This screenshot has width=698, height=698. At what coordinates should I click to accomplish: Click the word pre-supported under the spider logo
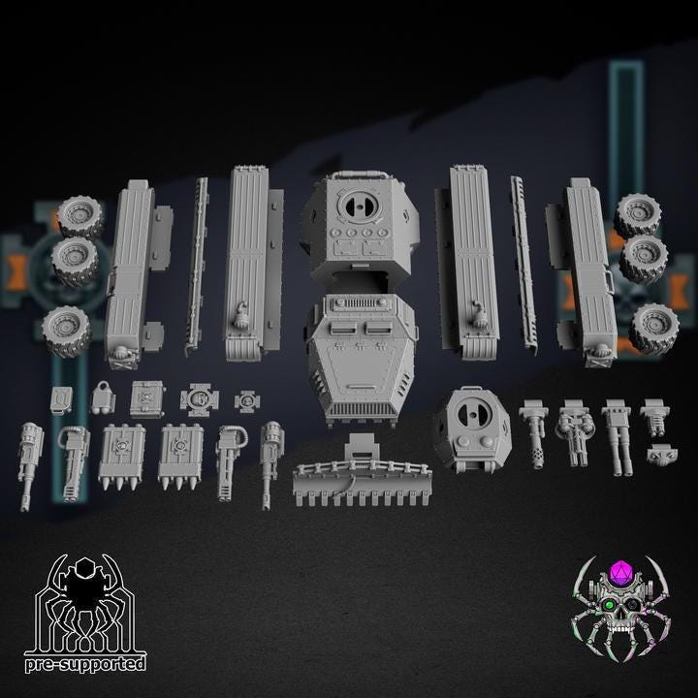coord(85,664)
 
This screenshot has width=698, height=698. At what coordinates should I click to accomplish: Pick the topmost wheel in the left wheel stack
coord(80,217)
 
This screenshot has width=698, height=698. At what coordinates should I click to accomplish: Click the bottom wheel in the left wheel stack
coord(67,331)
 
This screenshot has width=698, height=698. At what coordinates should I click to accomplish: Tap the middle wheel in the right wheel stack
coord(644,259)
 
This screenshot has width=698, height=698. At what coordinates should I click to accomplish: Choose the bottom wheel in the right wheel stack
coord(653,328)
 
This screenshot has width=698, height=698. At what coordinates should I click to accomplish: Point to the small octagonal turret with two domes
coord(473,428)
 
